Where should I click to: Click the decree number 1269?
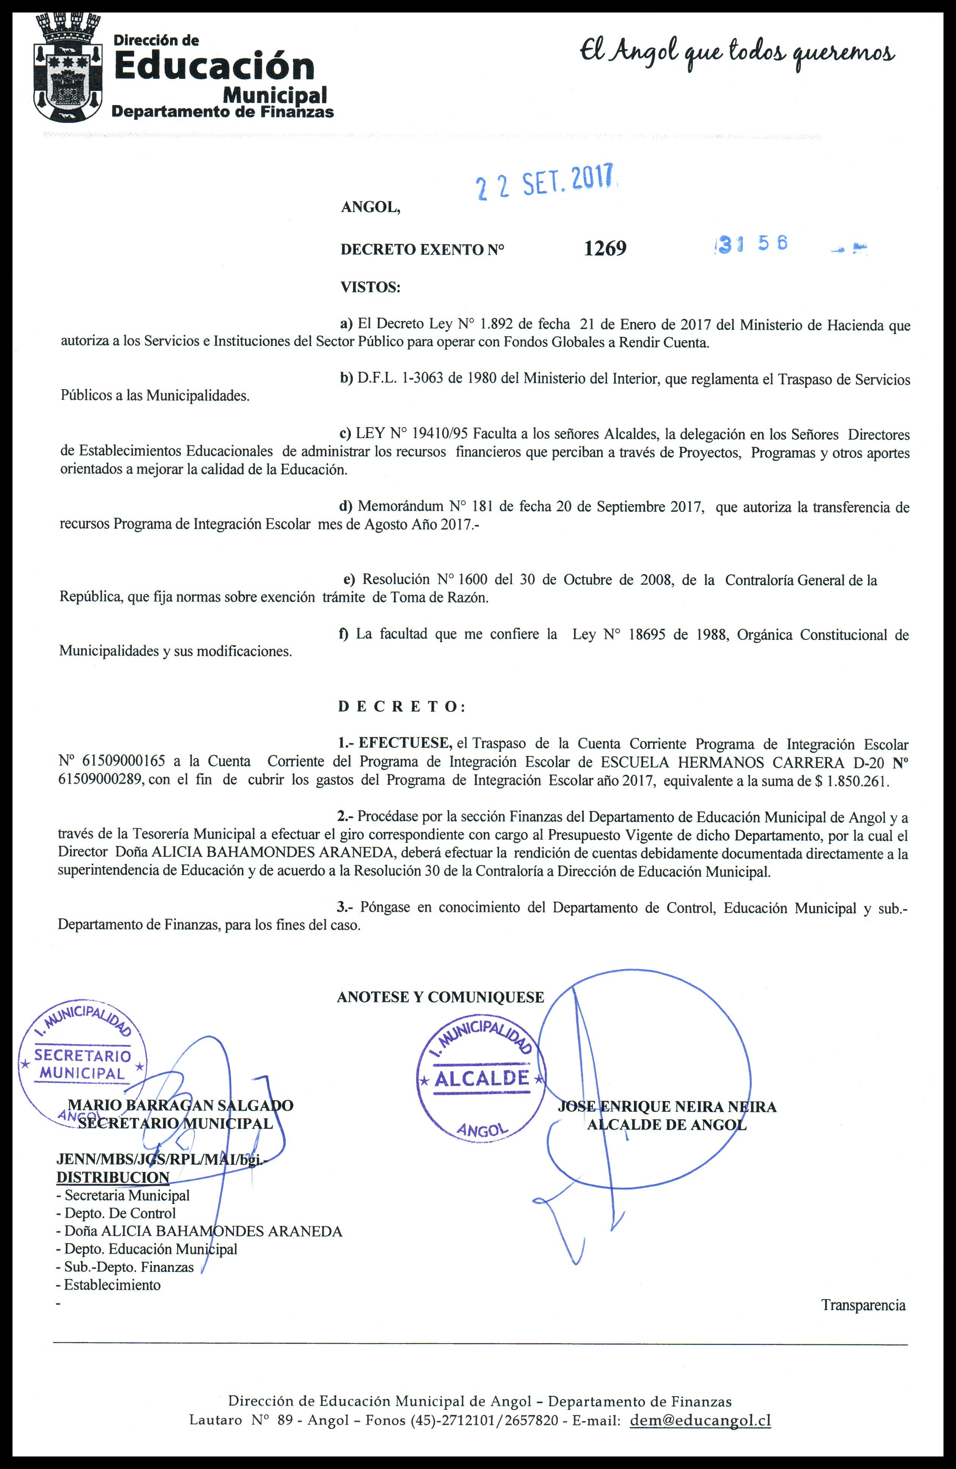[605, 248]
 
